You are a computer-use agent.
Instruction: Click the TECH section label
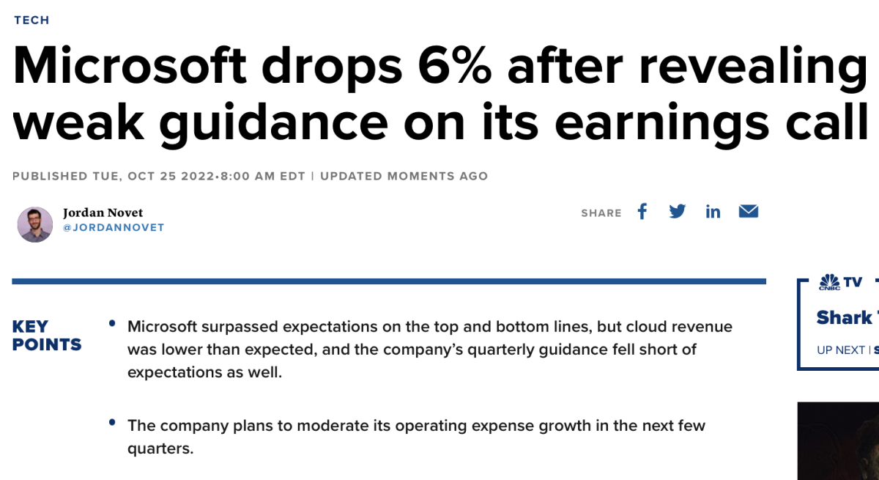[31, 20]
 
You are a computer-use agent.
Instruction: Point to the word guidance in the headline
[273, 122]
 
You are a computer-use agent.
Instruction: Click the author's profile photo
[35, 224]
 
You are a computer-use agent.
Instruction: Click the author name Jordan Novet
[103, 213]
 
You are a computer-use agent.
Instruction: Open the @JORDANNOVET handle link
[114, 228]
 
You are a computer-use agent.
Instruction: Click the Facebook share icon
[642, 212]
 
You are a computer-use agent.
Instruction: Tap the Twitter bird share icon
[678, 212]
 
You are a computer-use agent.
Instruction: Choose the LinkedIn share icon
[713, 212]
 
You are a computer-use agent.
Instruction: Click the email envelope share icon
[748, 212]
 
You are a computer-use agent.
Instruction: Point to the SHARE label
[601, 213]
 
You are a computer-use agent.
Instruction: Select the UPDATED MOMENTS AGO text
[404, 176]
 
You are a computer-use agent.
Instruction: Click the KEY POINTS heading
[47, 336]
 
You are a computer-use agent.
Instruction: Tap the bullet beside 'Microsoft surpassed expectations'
[112, 323]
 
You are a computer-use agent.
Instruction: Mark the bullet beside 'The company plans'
[112, 422]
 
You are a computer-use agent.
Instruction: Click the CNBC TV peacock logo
[829, 282]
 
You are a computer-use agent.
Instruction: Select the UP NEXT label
[840, 350]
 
